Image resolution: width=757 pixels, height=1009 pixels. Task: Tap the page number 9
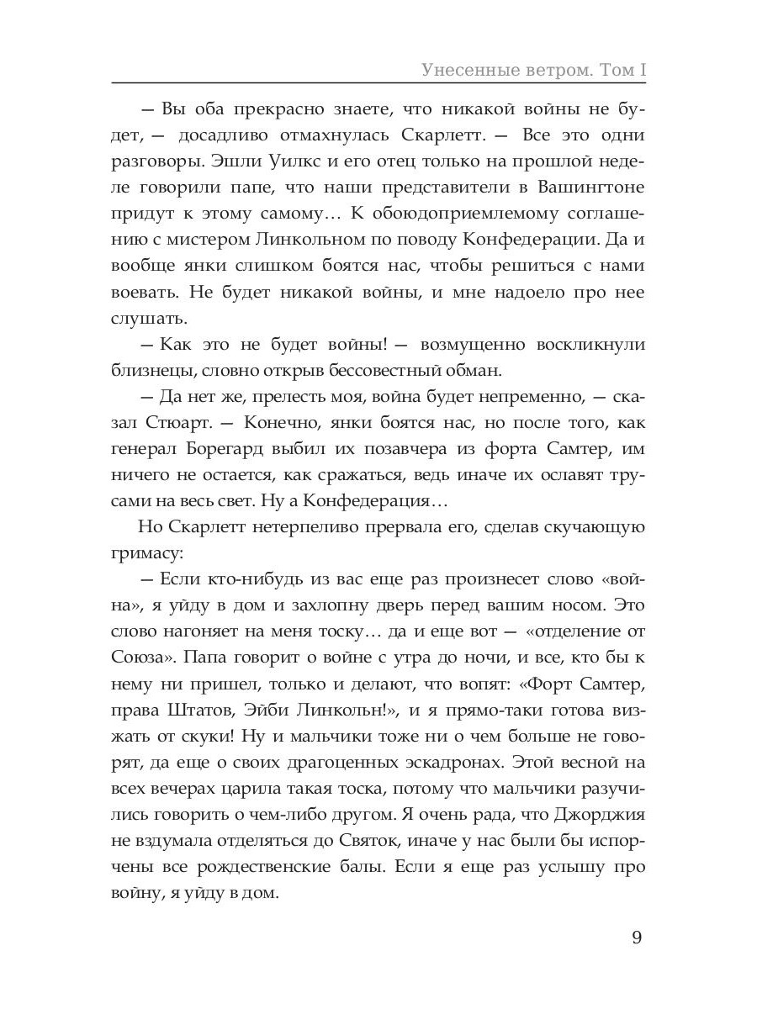click(x=637, y=938)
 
